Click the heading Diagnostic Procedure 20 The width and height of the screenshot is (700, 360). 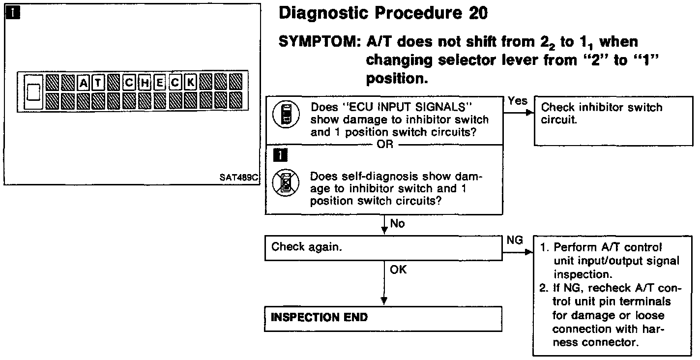click(383, 13)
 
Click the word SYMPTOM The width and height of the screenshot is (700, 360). click(319, 42)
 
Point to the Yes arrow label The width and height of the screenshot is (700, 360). click(517, 101)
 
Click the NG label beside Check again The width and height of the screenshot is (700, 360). click(515, 240)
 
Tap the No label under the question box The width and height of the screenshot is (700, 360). click(397, 224)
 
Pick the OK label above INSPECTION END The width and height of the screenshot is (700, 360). click(398, 270)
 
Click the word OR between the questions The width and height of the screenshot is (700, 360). click(385, 146)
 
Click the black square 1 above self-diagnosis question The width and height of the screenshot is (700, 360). click(275, 155)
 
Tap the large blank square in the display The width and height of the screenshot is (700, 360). click(33, 91)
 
